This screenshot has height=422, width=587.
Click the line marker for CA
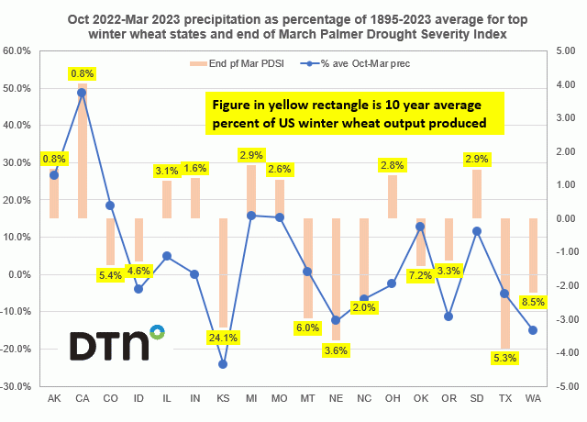(x=82, y=93)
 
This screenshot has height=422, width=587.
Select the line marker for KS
(x=223, y=363)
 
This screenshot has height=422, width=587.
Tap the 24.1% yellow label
(x=223, y=337)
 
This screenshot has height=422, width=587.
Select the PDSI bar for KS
(x=223, y=272)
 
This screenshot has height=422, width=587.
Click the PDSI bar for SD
(x=477, y=194)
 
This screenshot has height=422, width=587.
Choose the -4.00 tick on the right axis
(x=561, y=352)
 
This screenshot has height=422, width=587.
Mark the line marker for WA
(x=534, y=330)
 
